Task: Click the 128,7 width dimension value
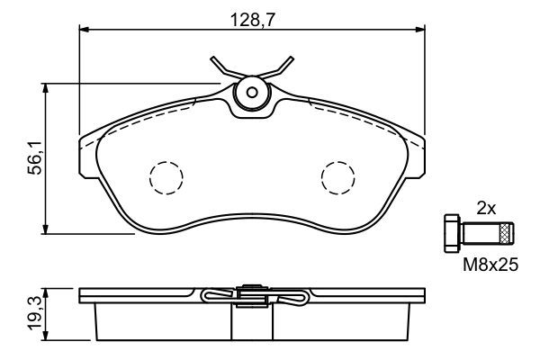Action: point(252,16)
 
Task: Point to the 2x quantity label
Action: point(486,207)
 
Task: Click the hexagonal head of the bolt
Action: point(453,235)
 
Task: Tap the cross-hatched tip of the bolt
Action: point(507,235)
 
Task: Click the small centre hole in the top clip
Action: point(252,92)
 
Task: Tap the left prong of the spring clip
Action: point(219,66)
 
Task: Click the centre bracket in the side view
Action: point(251,293)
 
